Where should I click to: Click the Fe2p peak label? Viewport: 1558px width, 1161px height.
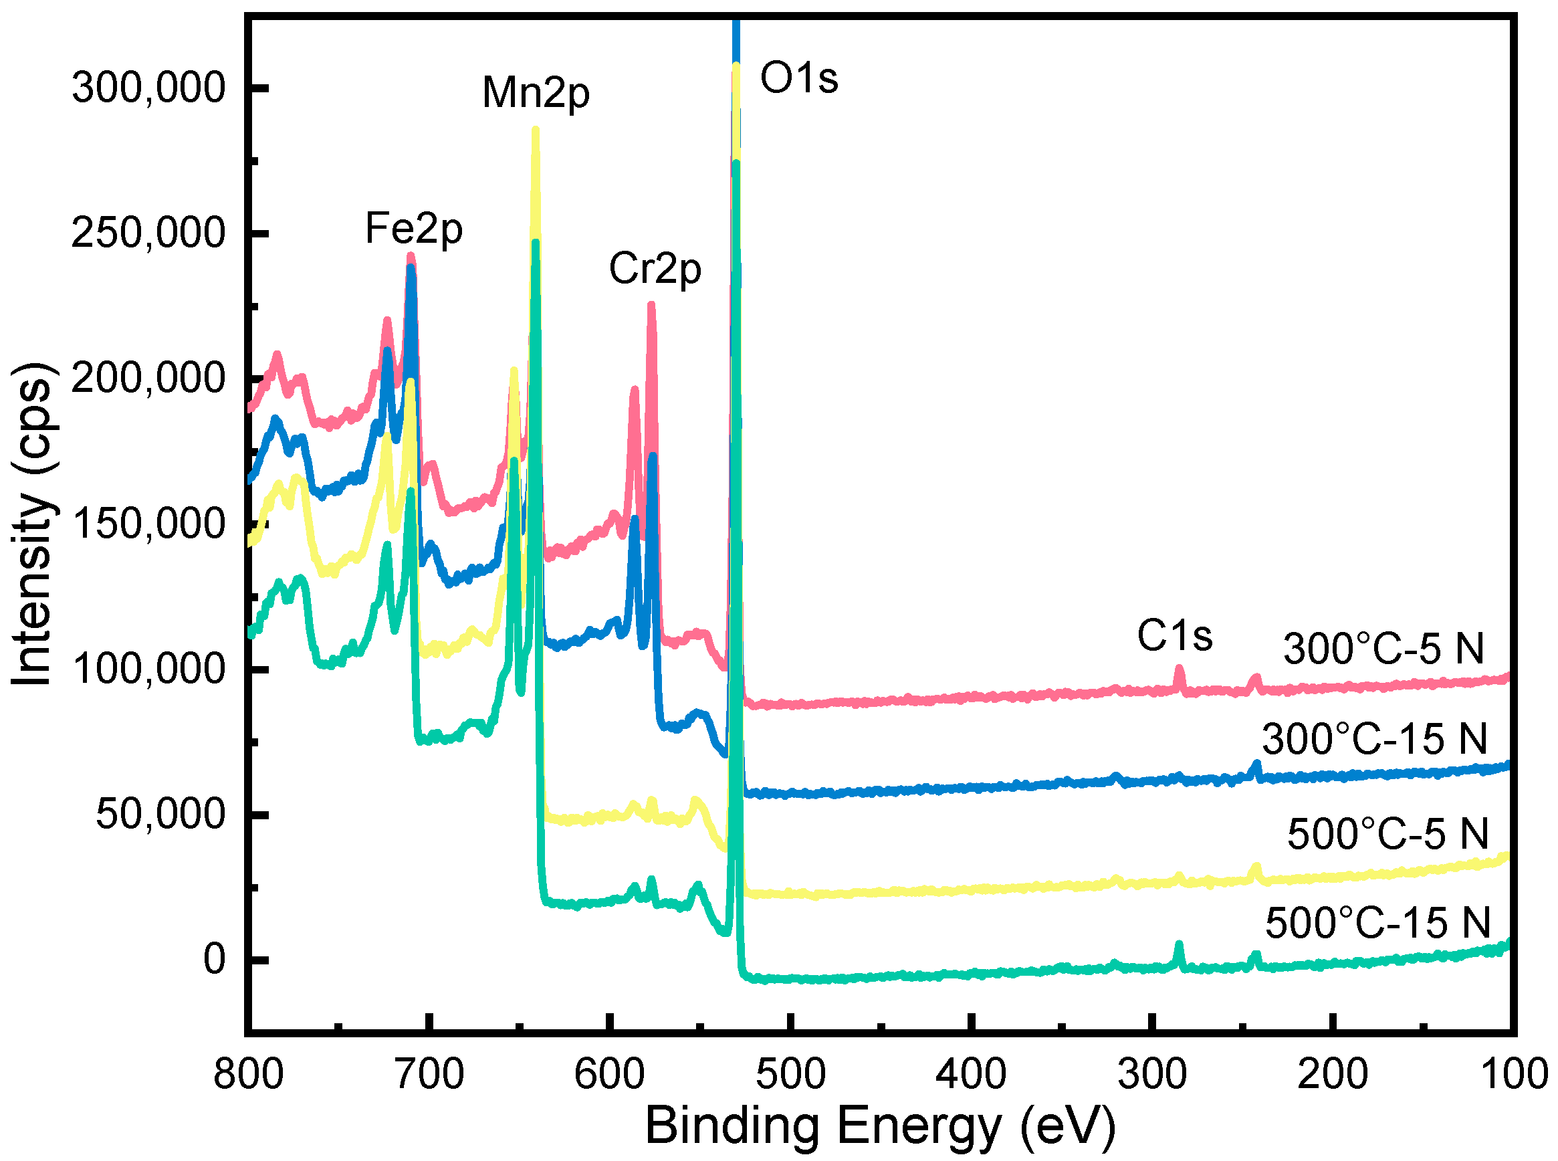tap(413, 229)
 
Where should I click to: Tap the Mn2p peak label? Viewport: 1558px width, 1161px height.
tap(536, 92)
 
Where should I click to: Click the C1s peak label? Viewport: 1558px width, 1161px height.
tap(1174, 635)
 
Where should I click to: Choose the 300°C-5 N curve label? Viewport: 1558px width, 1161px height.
tap(1383, 648)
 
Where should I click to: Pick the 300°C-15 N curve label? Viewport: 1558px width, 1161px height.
tap(1375, 738)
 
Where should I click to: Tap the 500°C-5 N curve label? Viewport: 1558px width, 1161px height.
tap(1388, 834)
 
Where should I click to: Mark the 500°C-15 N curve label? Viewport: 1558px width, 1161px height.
tap(1377, 923)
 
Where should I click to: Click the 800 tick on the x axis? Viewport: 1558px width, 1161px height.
tap(248, 1074)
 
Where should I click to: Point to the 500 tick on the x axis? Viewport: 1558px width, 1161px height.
tap(790, 1074)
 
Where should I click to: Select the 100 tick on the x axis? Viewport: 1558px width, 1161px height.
tap(1515, 1074)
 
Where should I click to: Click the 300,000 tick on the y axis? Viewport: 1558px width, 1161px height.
tap(148, 88)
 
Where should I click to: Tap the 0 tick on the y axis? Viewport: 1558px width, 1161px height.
tap(215, 959)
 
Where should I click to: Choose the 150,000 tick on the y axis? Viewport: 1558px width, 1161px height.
tap(148, 524)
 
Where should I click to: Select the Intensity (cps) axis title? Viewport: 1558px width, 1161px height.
tap(31, 524)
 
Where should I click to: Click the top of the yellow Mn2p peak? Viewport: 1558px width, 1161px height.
tap(536, 130)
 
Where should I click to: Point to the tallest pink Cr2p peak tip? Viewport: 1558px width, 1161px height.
tap(651, 305)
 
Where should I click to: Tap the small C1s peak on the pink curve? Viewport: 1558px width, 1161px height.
tap(1180, 669)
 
